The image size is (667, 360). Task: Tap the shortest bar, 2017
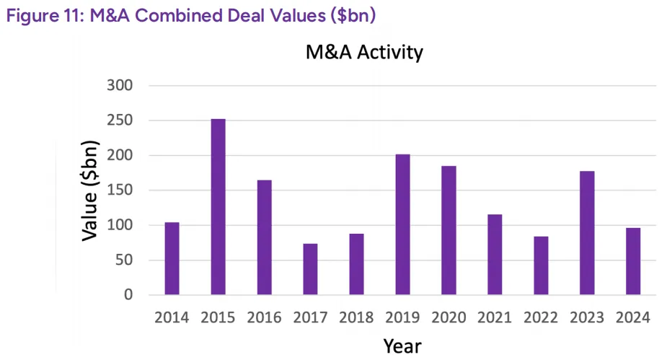pos(310,269)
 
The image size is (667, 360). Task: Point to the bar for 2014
pos(172,258)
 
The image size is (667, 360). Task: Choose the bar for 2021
pos(495,255)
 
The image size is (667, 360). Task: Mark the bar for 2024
pos(633,261)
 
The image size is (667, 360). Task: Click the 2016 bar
pos(264,237)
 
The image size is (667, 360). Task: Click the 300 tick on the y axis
pos(121,86)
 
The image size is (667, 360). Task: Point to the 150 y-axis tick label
pos(121,190)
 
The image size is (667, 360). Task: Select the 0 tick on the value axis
pos(129,295)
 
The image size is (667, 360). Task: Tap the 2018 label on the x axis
pos(356,317)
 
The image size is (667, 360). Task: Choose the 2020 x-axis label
pos(449,317)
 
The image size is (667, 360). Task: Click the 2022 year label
pos(541,317)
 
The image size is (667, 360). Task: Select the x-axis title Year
pos(402,346)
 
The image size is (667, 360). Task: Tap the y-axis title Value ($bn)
pos(91,190)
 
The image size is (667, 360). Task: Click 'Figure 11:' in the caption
pos(45,15)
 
